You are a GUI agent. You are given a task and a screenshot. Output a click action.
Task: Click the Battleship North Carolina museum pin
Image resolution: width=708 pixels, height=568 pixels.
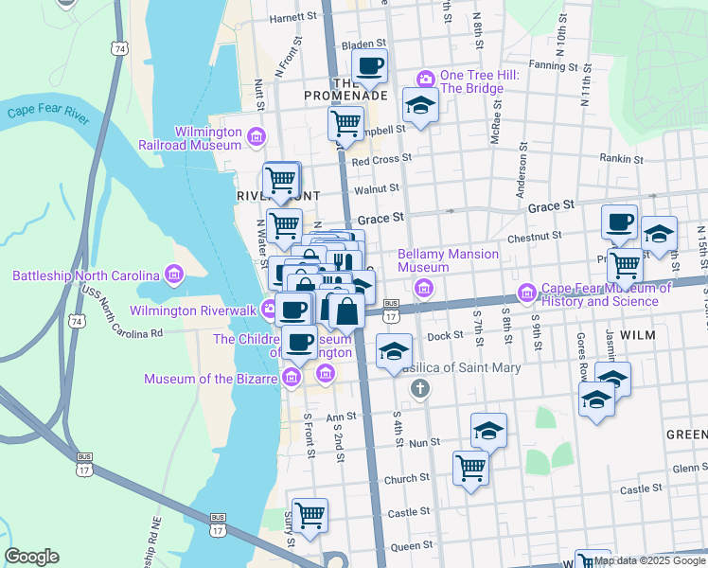click(172, 275)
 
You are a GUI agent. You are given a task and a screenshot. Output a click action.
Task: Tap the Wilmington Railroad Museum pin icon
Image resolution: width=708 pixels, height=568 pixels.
click(256, 138)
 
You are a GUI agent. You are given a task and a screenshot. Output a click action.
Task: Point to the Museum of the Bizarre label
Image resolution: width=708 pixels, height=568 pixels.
click(210, 380)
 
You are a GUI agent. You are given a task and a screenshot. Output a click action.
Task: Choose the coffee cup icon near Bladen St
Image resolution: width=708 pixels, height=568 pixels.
click(370, 65)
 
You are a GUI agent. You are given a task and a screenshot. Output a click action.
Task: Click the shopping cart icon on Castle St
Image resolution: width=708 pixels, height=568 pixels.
click(310, 515)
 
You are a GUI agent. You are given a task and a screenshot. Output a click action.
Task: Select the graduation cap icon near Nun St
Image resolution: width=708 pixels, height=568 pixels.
click(488, 431)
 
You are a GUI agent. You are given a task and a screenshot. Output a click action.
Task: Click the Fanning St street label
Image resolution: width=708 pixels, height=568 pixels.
click(554, 65)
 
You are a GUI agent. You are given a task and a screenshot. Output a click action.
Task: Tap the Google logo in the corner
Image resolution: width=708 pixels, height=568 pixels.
click(31, 557)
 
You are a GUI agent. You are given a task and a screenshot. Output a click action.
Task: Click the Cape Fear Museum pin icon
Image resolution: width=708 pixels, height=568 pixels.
click(528, 293)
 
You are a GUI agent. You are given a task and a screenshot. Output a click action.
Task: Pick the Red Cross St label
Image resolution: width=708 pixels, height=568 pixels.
click(381, 161)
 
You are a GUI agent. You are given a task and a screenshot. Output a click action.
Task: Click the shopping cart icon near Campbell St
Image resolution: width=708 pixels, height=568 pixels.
click(345, 121)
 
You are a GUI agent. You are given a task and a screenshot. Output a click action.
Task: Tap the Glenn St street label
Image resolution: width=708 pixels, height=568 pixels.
click(687, 468)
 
